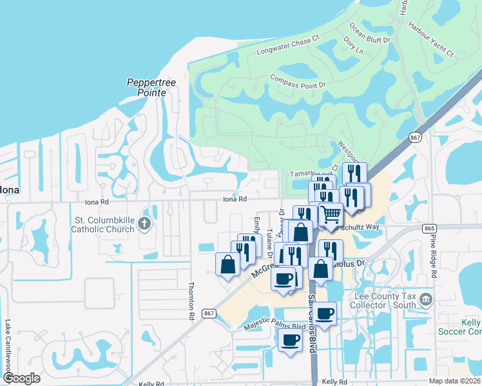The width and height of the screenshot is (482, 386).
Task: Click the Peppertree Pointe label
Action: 146,87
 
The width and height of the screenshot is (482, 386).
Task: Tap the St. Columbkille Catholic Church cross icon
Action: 145,224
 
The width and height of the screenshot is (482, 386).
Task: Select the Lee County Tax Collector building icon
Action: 425,300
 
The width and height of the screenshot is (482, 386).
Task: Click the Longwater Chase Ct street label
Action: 287,46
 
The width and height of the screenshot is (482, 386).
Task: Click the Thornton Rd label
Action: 191,301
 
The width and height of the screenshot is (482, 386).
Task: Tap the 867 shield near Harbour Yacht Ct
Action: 416,138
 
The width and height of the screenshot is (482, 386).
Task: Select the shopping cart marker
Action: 331,214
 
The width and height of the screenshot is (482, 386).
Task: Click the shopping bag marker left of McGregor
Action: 228,264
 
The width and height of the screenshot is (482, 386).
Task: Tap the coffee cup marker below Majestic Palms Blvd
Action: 290,340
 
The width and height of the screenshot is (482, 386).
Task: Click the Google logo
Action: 22,378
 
